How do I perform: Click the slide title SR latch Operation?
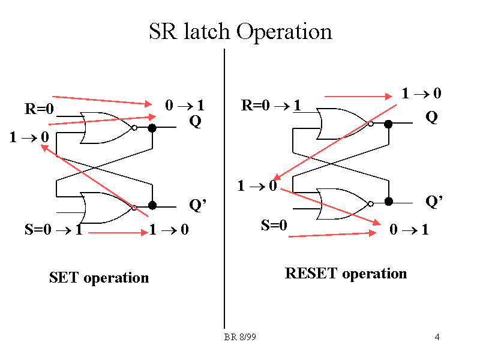click(x=240, y=31)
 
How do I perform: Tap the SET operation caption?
click(x=99, y=278)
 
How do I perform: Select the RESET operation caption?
click(x=346, y=274)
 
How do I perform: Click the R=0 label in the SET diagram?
click(x=40, y=109)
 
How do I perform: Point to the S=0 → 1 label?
click(x=53, y=230)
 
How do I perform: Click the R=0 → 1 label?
click(x=271, y=106)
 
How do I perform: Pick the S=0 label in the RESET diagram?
click(x=274, y=226)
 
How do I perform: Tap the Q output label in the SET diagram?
click(x=195, y=122)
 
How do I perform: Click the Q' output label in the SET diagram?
click(x=197, y=206)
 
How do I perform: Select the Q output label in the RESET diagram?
click(x=431, y=118)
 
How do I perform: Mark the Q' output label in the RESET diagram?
click(x=434, y=202)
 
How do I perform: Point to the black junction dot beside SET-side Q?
click(x=152, y=128)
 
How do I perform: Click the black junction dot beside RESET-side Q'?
click(x=389, y=201)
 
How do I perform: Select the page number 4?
click(x=437, y=338)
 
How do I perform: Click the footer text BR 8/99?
click(x=240, y=338)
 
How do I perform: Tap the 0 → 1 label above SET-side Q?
click(x=185, y=106)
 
